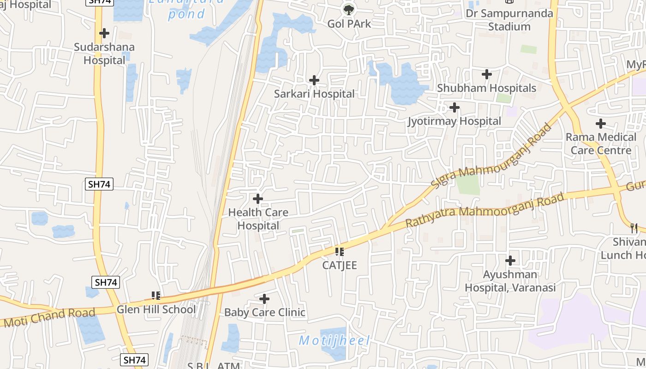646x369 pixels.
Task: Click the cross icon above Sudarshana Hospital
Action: point(104,33)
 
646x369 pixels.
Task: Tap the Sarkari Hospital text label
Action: point(314,94)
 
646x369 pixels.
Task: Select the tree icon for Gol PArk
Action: point(349,9)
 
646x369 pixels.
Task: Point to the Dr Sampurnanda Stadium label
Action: point(509,20)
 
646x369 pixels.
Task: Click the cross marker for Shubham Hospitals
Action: point(486,74)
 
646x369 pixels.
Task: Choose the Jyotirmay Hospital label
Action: point(454,121)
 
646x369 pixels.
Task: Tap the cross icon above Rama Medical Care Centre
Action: point(600,124)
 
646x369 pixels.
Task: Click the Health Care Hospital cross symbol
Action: point(258,199)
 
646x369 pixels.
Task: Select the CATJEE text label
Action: point(340,265)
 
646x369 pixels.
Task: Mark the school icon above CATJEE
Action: point(340,252)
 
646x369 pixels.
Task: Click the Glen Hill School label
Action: point(156,309)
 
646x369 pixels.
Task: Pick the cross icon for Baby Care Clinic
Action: point(264,299)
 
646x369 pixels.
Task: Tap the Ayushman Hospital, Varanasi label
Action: point(510,281)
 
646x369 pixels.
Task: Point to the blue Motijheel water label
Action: point(335,340)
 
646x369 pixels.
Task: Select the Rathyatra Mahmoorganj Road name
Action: point(484,210)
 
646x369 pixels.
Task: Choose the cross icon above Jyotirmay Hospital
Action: point(454,107)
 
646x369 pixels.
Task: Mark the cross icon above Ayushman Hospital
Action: point(510,261)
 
